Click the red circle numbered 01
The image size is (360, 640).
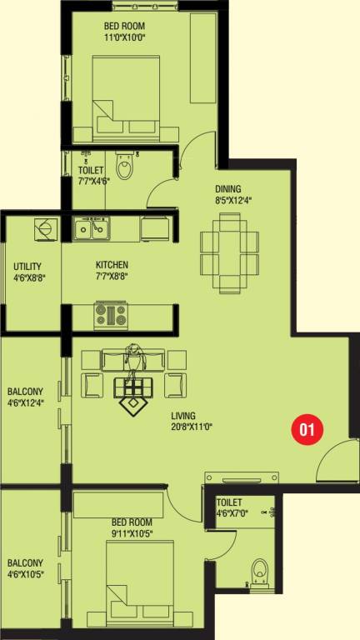pos(306,429)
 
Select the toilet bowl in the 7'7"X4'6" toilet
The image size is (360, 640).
pos(125,168)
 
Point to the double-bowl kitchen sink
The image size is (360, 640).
pos(92,227)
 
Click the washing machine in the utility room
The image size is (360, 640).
pos(43,227)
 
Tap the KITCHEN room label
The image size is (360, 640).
pos(112,265)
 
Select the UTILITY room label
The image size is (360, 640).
pos(29,267)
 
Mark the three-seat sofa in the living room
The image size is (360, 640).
pos(133,360)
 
